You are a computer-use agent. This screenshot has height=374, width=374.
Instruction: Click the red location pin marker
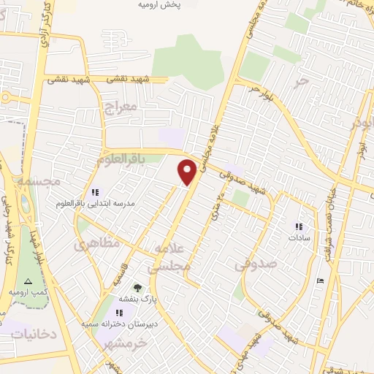188,171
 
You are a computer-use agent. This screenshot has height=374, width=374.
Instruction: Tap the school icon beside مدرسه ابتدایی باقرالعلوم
94,192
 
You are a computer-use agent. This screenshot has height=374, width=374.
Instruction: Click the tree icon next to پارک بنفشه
137,287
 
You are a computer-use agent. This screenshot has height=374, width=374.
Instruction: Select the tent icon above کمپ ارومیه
28,281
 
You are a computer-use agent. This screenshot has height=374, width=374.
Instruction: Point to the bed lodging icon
319,280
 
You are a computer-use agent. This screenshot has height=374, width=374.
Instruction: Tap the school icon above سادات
297,226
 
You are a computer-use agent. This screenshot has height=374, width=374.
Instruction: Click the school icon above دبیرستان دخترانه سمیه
119,313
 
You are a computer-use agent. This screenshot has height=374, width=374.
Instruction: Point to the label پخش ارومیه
159,5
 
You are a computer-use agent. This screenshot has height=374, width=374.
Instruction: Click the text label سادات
299,237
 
